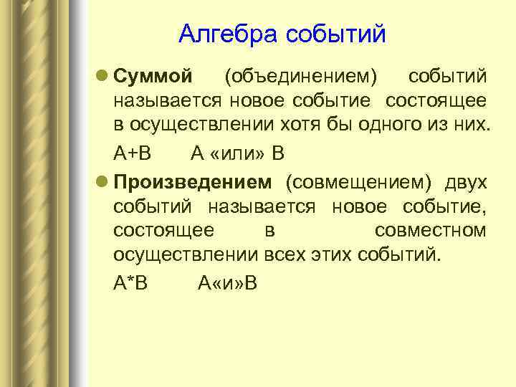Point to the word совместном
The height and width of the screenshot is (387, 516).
tap(430, 231)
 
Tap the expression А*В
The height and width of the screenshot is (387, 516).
tap(130, 282)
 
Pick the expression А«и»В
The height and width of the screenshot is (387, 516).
tap(227, 282)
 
